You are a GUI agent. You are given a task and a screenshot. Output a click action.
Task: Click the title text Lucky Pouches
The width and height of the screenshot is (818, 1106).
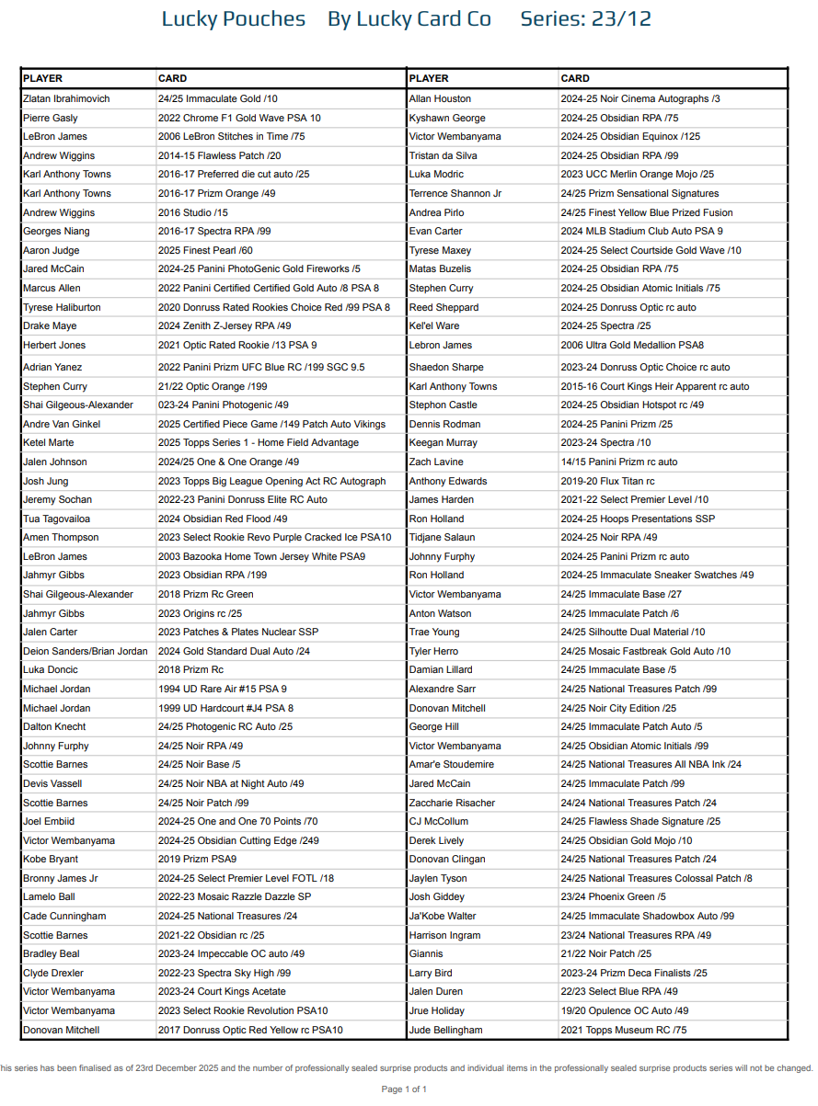point(233,19)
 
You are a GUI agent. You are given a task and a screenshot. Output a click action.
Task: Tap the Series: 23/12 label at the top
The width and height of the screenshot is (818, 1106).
point(585,19)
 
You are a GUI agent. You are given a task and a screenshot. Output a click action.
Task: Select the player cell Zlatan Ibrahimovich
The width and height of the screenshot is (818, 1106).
point(66,98)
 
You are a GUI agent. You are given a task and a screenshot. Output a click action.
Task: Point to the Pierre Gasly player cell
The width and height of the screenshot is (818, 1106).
point(51,118)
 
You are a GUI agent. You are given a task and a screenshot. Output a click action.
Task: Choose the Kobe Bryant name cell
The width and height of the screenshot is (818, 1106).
point(51,860)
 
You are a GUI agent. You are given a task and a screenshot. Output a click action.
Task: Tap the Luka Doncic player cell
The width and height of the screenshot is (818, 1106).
point(51,669)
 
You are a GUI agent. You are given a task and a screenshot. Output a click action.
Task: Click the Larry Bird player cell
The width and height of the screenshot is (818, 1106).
point(431,973)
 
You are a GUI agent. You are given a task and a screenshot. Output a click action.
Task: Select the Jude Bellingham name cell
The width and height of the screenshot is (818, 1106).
point(445,1030)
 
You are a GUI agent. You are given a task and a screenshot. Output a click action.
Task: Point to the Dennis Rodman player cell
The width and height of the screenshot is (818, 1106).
point(444,424)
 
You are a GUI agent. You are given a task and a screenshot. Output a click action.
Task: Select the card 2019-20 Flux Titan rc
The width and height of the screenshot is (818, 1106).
point(607,481)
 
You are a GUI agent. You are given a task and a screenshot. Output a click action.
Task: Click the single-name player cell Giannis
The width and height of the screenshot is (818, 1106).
point(426,954)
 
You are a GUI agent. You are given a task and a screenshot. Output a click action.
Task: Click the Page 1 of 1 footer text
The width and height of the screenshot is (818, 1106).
point(404,1089)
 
